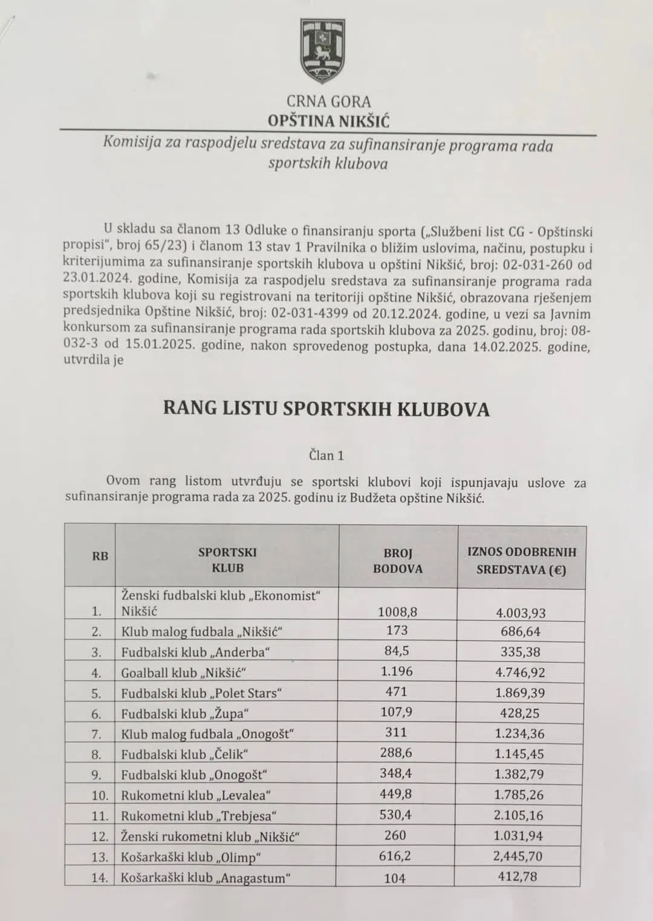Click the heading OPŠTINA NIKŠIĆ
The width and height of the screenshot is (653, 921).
tap(329, 121)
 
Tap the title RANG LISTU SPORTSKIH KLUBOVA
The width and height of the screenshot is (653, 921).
tap(326, 409)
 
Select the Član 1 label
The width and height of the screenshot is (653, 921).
tap(326, 456)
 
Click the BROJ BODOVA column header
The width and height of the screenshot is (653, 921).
tap(397, 560)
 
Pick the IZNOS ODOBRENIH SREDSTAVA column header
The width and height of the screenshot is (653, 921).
tap(522, 560)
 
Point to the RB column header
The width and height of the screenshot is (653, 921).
tap(100, 555)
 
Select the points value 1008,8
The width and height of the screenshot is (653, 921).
tap(397, 612)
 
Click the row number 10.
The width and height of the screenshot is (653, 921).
tap(100, 795)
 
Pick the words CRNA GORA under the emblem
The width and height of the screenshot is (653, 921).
tap(328, 102)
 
